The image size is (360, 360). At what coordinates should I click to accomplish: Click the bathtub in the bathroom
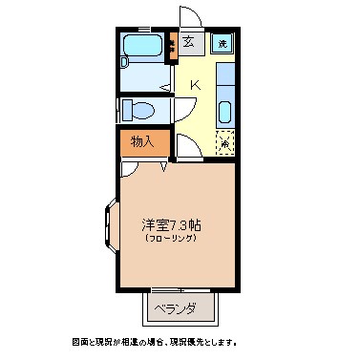pyautogui.click(x=144, y=47)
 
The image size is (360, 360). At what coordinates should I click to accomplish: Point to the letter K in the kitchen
pyautogui.click(x=194, y=86)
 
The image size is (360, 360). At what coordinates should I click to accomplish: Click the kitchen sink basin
pyautogui.click(x=224, y=112)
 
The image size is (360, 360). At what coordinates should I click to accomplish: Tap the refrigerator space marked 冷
pyautogui.click(x=224, y=143)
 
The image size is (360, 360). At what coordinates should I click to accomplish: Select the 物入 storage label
pyautogui.click(x=142, y=141)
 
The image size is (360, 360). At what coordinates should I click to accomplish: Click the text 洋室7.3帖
pyautogui.click(x=172, y=225)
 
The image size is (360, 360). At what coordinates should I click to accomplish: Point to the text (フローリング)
pyautogui.click(x=172, y=239)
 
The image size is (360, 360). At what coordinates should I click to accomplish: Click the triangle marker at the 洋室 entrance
pyautogui.click(x=164, y=168)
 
